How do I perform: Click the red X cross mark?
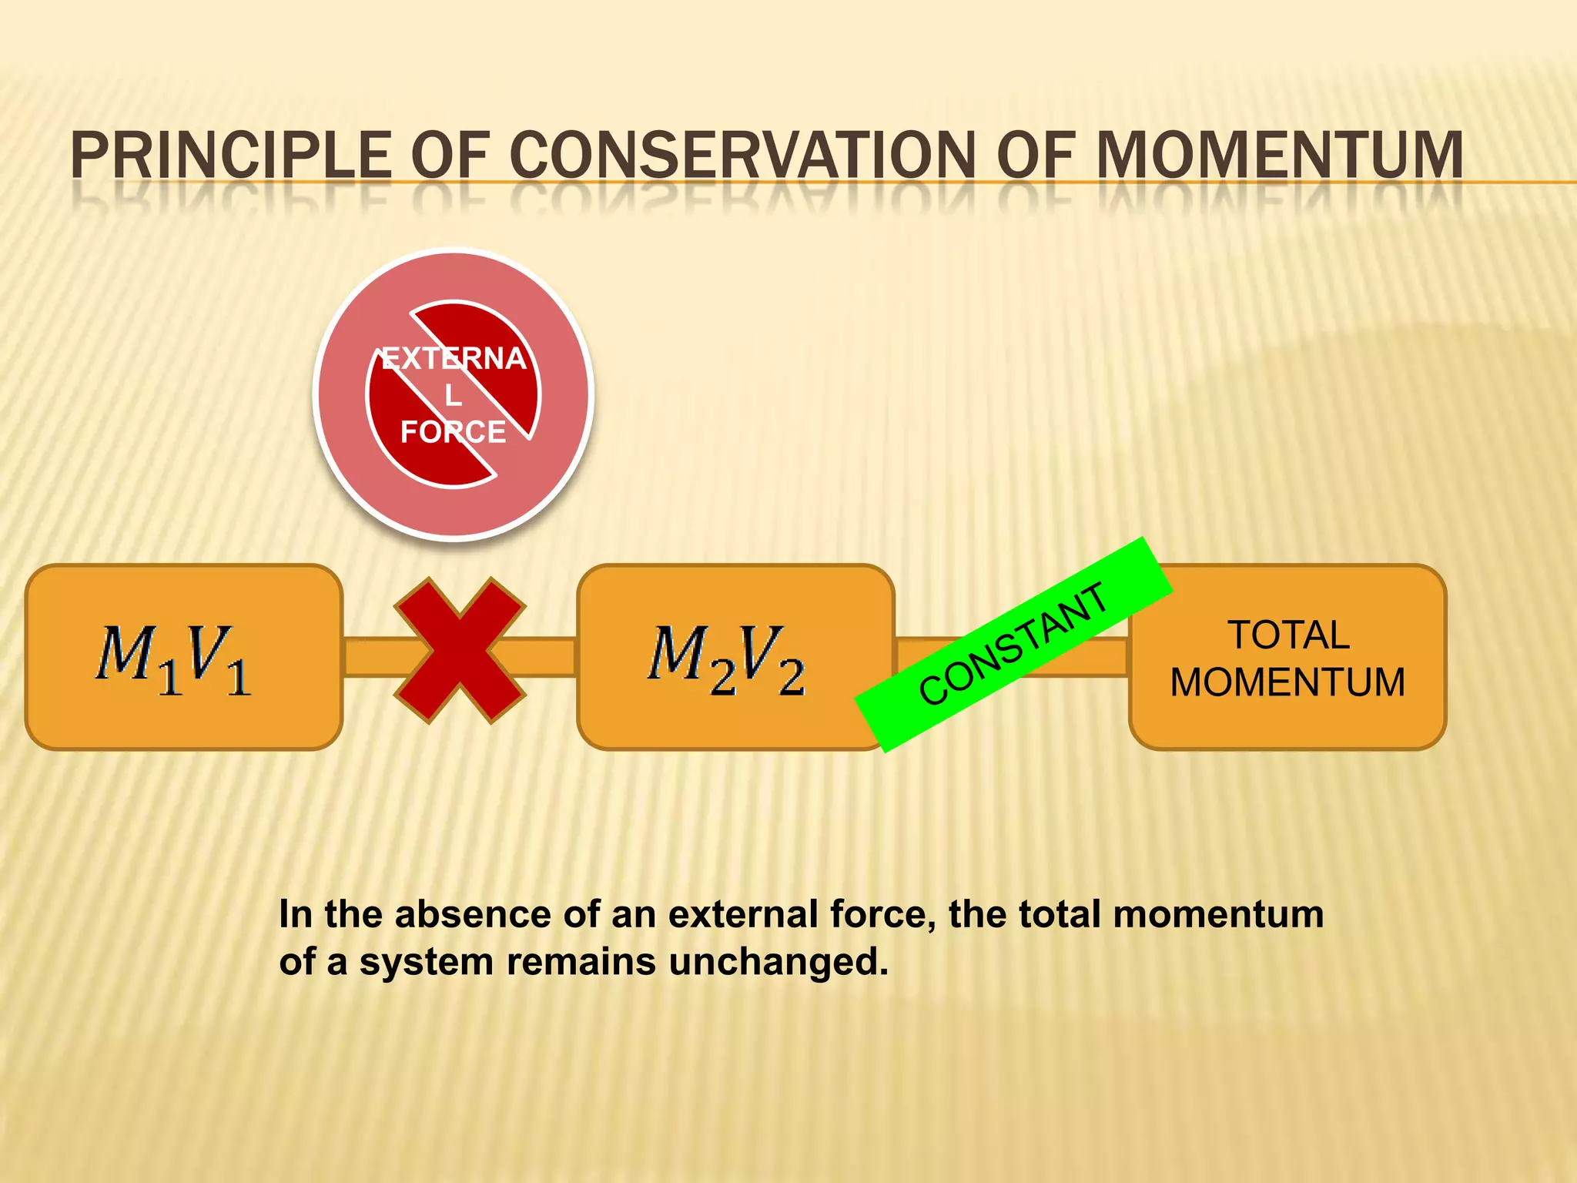point(460,651)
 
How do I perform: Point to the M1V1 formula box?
point(183,657)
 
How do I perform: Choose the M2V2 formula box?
point(735,657)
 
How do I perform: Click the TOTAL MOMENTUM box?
point(1287,657)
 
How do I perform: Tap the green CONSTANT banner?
point(1013,645)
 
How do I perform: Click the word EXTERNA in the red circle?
point(454,359)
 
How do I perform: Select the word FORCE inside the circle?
point(453,432)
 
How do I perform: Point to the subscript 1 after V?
point(239,678)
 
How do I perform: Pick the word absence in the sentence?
point(474,914)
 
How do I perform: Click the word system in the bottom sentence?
point(426,962)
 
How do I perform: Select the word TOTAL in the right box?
point(1287,635)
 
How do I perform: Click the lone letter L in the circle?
point(453,396)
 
